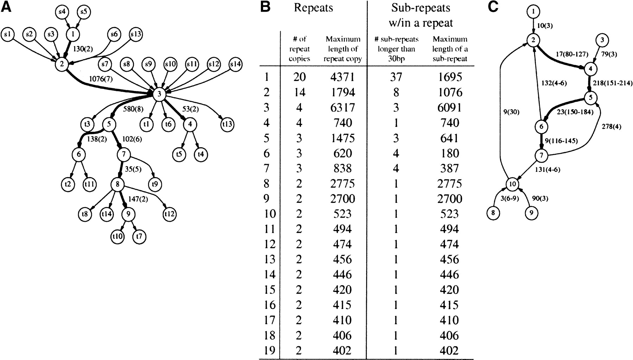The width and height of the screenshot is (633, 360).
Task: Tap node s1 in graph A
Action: click(x=8, y=34)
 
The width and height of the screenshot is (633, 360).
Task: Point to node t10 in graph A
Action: click(x=117, y=236)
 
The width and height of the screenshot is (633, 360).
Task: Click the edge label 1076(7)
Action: click(x=101, y=79)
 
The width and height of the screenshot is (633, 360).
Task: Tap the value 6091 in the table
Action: click(x=449, y=107)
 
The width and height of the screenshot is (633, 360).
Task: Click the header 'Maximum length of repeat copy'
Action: click(x=343, y=49)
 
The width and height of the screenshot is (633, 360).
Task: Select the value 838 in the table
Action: click(x=343, y=168)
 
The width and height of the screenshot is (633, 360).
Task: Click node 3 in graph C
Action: click(x=602, y=40)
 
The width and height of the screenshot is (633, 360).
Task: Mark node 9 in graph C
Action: click(x=531, y=213)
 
